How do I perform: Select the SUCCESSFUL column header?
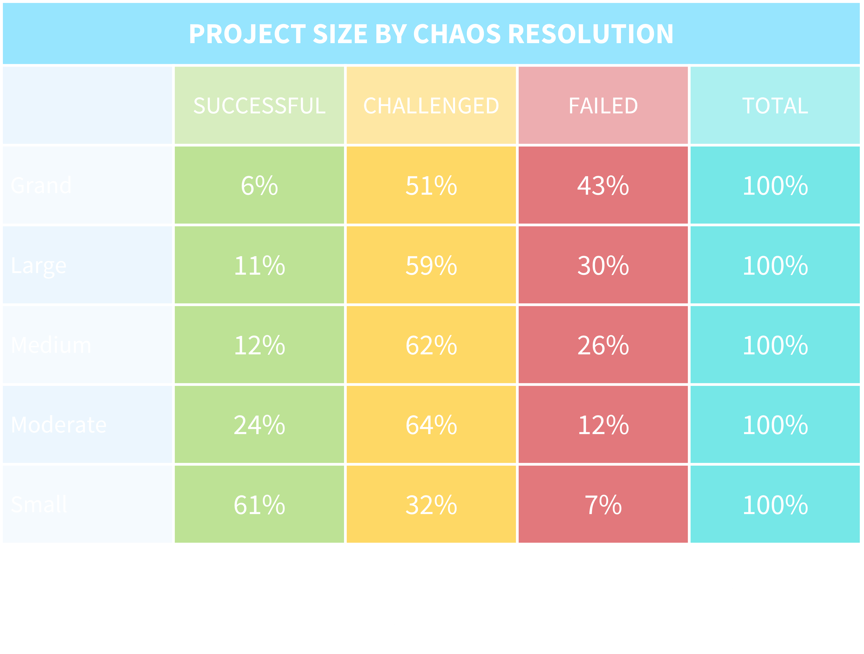[259, 106]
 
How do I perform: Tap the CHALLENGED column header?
[431, 106]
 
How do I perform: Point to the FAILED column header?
[603, 106]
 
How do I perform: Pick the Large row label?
[39, 266]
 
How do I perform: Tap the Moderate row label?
[59, 425]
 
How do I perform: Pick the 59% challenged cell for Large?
[431, 266]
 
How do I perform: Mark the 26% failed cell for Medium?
[603, 345]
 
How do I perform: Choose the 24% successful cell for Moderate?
[259, 425]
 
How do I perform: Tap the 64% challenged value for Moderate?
[431, 425]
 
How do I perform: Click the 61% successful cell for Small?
[259, 505]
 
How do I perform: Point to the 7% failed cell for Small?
[603, 505]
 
